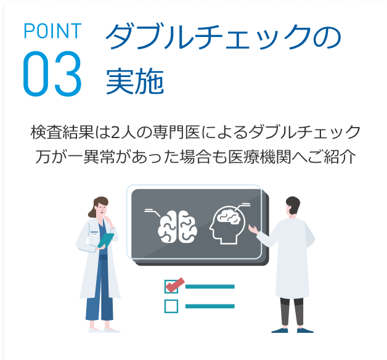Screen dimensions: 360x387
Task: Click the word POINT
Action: click(52, 31)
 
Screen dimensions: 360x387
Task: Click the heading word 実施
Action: click(134, 81)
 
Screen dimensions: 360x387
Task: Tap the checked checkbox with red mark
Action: click(173, 285)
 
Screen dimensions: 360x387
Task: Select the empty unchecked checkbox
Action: click(171, 306)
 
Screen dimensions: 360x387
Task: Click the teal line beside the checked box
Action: click(210, 286)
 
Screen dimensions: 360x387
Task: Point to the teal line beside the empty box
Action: click(210, 306)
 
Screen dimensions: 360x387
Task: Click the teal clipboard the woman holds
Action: click(106, 239)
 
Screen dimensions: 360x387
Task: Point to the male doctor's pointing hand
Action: click(252, 230)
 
